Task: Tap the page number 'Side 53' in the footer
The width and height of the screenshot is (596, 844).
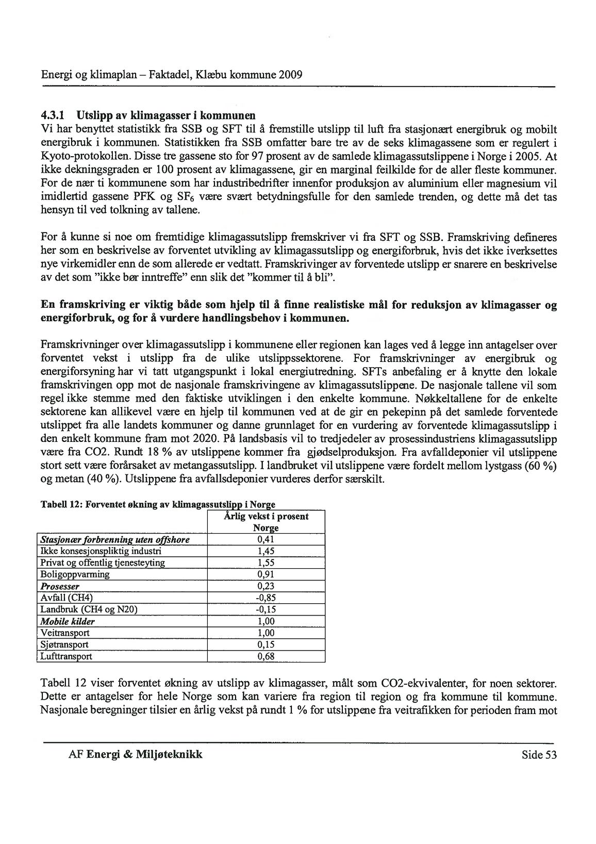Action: click(x=539, y=755)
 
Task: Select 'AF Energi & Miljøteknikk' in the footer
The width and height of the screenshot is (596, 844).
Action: click(x=136, y=755)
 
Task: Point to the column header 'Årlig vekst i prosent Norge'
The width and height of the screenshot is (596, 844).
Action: click(x=266, y=522)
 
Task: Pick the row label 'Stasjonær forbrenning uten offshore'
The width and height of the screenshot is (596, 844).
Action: click(x=114, y=540)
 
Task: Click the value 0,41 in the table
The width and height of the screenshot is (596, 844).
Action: click(x=266, y=540)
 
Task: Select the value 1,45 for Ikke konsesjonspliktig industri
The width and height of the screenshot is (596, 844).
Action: click(x=266, y=551)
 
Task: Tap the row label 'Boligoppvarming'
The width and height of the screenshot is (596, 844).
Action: click(x=75, y=574)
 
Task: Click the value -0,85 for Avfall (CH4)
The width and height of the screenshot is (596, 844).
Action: click(x=266, y=598)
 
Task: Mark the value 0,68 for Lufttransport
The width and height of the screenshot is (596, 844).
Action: click(x=266, y=656)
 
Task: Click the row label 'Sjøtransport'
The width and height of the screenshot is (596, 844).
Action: click(x=64, y=644)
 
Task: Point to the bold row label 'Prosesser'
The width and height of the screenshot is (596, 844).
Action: click(x=60, y=586)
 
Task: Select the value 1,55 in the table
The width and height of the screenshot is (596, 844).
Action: click(x=266, y=563)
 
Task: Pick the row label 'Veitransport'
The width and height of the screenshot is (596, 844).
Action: click(x=64, y=633)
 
